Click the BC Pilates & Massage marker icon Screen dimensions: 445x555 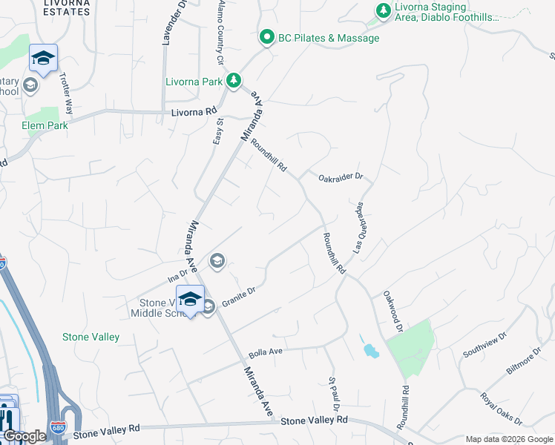pyautogui.click(x=267, y=37)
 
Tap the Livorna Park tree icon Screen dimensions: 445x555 pyautogui.click(x=234, y=79)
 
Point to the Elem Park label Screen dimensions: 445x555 pyautogui.click(x=45, y=125)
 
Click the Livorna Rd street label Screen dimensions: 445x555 pyautogui.click(x=187, y=113)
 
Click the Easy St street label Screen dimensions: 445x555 pyautogui.click(x=218, y=131)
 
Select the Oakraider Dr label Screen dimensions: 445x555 pyautogui.click(x=340, y=177)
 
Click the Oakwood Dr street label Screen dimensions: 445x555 pyautogui.click(x=393, y=311)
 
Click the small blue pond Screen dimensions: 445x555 pyautogui.click(x=369, y=349)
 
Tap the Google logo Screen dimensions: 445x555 pyautogui.click(x=24, y=436)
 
